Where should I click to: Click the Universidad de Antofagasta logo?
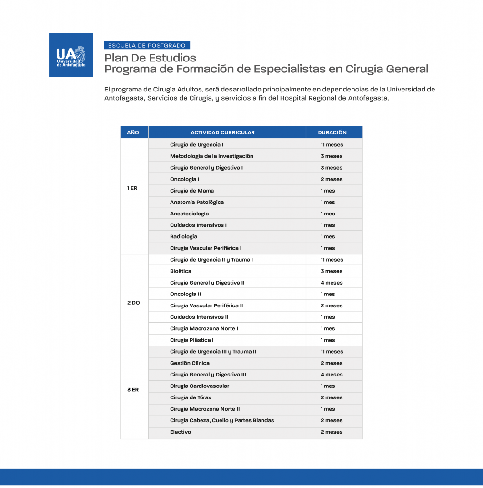(70, 55)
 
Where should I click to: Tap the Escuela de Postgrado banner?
(147, 46)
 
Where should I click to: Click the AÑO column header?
(133, 132)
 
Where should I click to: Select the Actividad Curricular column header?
(222, 132)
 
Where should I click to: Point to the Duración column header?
(332, 132)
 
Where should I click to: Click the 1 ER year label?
(132, 188)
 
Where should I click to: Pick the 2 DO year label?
(133, 303)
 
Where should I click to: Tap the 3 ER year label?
(133, 390)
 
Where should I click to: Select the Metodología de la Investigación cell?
(211, 156)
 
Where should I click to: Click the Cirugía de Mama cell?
(192, 191)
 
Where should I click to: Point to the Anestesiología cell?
(189, 213)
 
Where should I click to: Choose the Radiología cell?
(183, 237)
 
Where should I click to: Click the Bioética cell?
(181, 271)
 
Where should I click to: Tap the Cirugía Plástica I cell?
(191, 340)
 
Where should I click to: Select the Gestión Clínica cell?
(190, 363)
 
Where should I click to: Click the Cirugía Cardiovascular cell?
(200, 386)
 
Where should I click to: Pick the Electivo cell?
(181, 432)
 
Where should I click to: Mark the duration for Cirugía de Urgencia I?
(332, 145)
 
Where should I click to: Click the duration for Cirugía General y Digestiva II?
(332, 283)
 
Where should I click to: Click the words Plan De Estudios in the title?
(151, 58)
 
